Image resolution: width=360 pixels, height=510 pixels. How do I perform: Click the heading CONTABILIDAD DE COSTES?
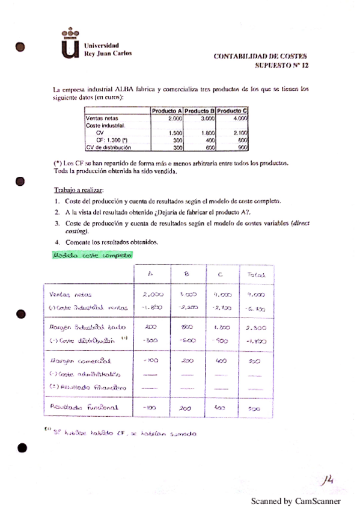coord(260,56)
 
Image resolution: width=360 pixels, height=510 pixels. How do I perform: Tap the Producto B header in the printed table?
coord(200,111)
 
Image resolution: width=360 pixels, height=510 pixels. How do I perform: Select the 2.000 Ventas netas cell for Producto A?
coord(173,118)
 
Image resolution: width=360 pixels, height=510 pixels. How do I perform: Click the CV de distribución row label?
coord(108,146)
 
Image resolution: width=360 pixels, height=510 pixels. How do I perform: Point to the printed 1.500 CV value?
coord(175,132)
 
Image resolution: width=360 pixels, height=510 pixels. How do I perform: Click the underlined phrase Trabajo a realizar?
coord(79,189)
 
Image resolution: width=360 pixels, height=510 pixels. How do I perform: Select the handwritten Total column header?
coord(256,275)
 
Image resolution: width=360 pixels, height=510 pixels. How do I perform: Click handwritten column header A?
coord(150,275)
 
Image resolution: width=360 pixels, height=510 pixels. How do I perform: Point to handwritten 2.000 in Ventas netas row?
coord(153,295)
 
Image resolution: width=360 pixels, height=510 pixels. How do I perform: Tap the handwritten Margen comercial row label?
coord(79,361)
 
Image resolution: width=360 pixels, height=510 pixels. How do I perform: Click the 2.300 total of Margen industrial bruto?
coord(255,328)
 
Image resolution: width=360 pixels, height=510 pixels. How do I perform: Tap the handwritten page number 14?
coord(328,479)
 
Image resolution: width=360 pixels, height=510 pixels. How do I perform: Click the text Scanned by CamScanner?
coord(296,501)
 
